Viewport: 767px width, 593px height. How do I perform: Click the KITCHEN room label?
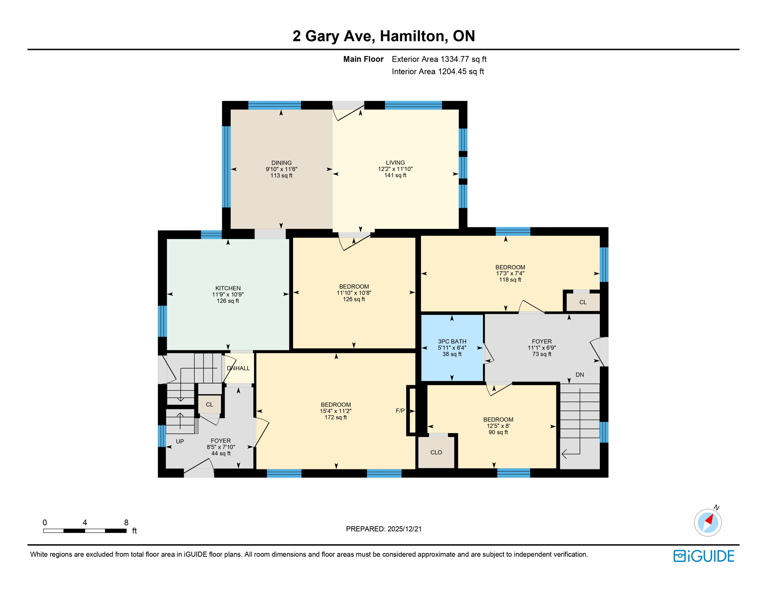228,288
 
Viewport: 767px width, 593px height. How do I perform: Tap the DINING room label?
281,163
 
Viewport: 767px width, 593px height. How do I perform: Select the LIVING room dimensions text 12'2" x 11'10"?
395,169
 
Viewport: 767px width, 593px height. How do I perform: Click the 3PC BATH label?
452,341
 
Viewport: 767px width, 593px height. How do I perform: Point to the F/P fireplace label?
400,411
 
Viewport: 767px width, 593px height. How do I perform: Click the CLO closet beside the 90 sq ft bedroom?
436,452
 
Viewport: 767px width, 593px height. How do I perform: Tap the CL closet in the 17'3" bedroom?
583,302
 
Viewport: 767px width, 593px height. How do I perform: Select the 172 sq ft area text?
335,417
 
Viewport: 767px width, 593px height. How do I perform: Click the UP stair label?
180,441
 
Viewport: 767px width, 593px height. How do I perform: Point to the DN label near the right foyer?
579,374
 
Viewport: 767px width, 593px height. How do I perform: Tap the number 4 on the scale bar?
85,522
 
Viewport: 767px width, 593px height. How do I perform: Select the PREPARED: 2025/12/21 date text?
383,529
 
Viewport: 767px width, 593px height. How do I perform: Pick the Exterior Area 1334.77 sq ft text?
439,59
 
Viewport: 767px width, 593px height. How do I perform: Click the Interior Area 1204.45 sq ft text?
438,71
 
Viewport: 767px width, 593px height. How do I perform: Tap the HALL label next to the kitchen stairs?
243,368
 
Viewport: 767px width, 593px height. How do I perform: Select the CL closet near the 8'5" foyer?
209,405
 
